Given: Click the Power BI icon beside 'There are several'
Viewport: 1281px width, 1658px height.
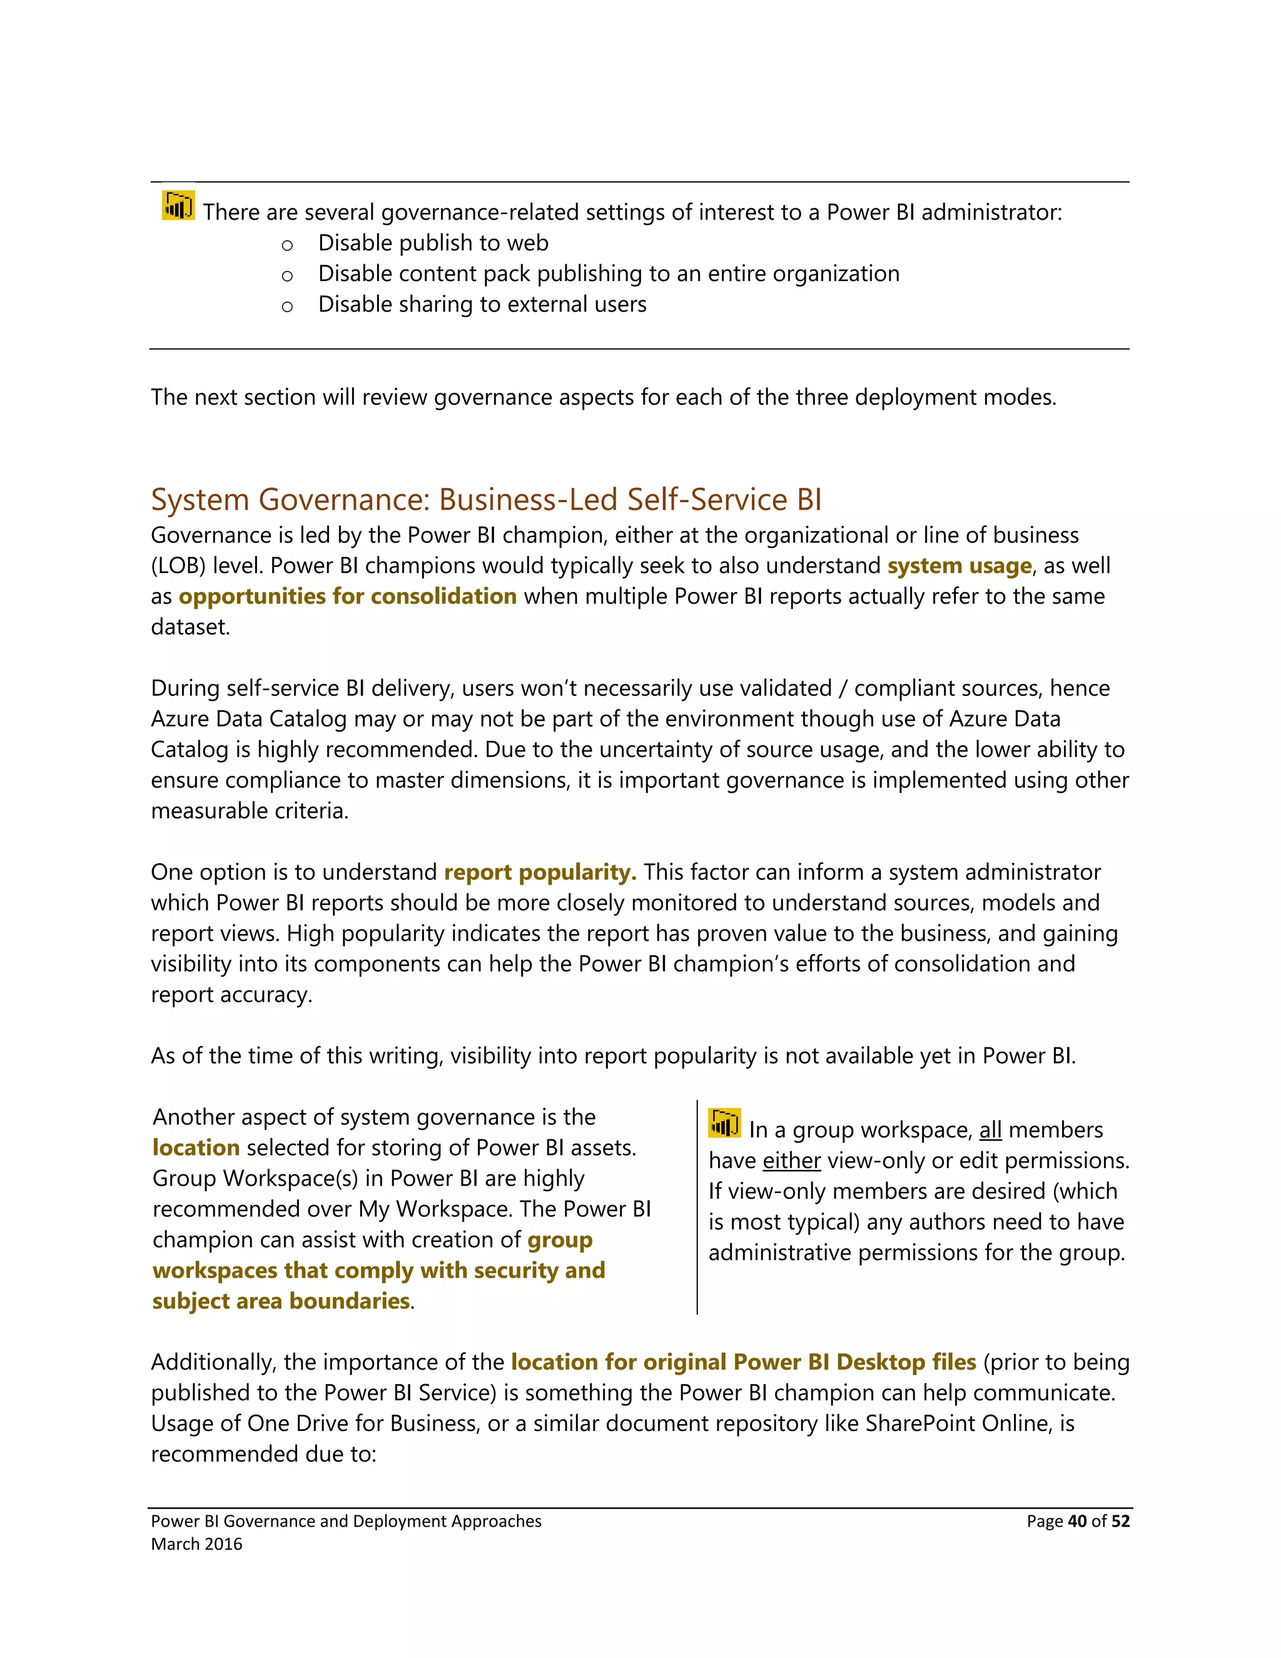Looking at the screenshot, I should tap(178, 205).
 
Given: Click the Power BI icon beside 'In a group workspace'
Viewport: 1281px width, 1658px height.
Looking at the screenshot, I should tap(724, 1124).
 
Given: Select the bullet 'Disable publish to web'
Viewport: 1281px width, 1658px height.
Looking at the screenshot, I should tap(433, 243).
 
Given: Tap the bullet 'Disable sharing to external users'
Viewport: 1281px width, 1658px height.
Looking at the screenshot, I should tap(482, 305).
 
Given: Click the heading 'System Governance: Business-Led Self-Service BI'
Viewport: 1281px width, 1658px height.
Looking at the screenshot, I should tap(485, 499).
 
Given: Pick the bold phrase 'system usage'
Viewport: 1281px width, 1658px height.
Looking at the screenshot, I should tap(959, 566).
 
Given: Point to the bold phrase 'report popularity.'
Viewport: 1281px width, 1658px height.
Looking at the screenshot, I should tap(540, 872).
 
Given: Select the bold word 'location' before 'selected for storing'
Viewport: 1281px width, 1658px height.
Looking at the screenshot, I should tap(196, 1148).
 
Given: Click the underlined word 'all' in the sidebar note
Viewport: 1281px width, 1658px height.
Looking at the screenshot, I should tap(990, 1131).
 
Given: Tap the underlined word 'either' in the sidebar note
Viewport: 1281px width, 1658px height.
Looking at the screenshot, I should tap(791, 1161).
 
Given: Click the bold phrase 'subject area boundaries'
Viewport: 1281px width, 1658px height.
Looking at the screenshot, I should tap(281, 1301).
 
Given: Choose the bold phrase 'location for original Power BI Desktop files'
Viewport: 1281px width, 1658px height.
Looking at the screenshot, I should tap(743, 1362).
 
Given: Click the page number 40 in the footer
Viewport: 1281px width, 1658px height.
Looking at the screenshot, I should tap(1077, 1522).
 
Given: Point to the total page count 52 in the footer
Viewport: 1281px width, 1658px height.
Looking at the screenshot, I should tap(1120, 1522).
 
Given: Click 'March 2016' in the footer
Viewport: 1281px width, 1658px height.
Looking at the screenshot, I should tap(196, 1544).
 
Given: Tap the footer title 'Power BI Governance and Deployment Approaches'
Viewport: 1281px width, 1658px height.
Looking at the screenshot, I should tap(346, 1522).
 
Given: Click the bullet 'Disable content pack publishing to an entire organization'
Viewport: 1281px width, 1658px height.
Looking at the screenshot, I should tap(609, 273).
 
